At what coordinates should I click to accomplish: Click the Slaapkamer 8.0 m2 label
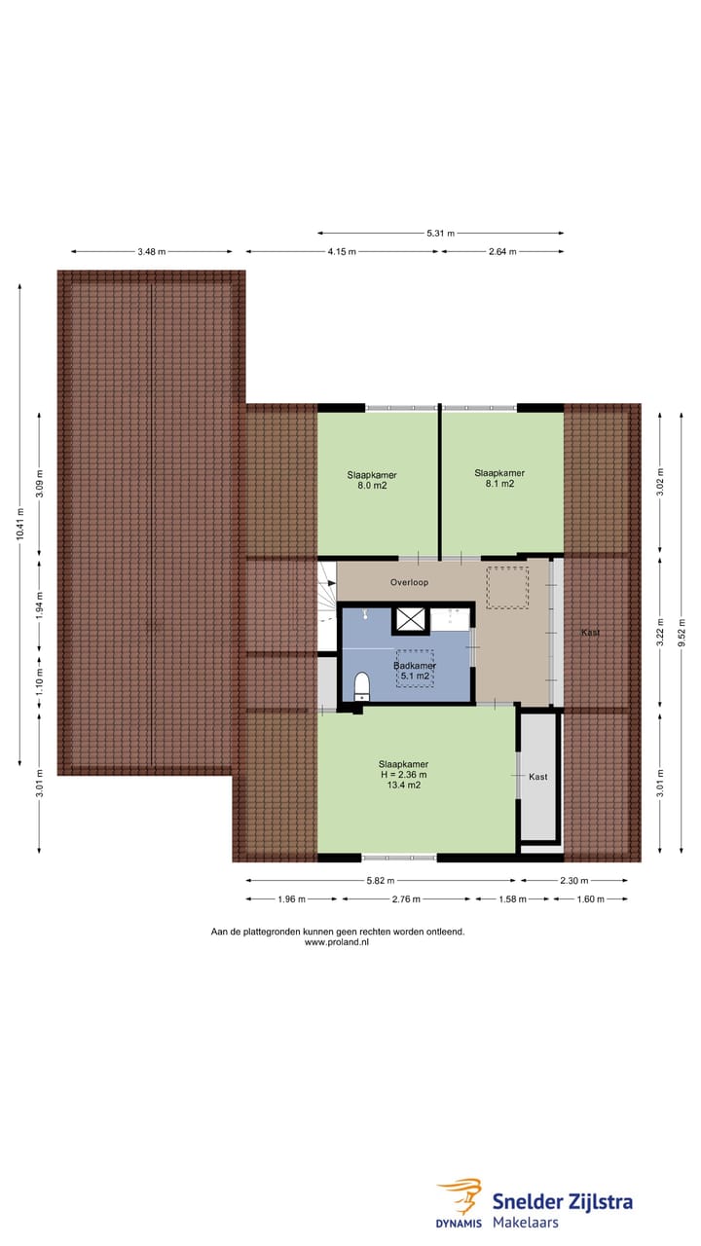pos(372,480)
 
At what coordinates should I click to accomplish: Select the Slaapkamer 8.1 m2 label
pos(499,478)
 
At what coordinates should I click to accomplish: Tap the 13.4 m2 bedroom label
pos(404,775)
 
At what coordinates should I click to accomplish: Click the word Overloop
pos(409,582)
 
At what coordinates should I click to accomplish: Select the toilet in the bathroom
pos(362,685)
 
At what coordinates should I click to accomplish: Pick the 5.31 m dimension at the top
pos(440,234)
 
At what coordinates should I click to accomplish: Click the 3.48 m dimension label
pos(150,252)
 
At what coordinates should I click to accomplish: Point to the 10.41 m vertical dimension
pos(19,526)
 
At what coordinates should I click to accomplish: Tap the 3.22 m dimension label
pos(661,633)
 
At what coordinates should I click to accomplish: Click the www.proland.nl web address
pos(337,942)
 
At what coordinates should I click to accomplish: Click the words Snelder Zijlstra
pos(562,1201)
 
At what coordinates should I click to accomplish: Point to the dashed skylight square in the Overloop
pos(506,588)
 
